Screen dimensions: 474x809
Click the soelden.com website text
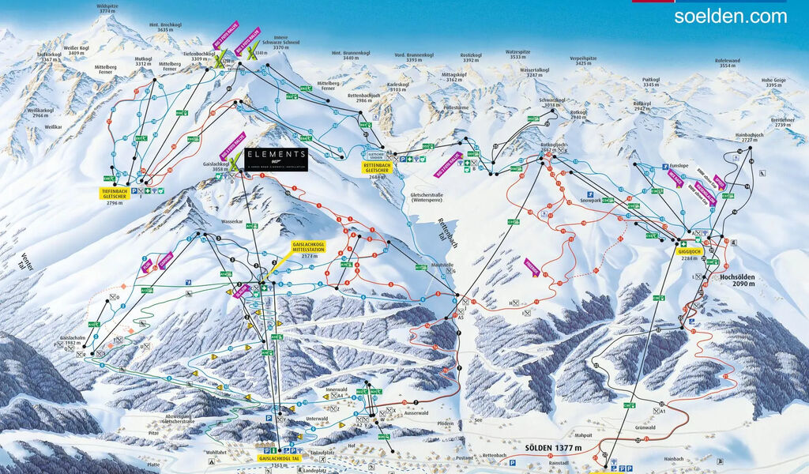click(731, 16)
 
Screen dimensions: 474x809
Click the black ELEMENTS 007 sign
click(276, 158)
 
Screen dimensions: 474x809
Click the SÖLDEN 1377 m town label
click(553, 448)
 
